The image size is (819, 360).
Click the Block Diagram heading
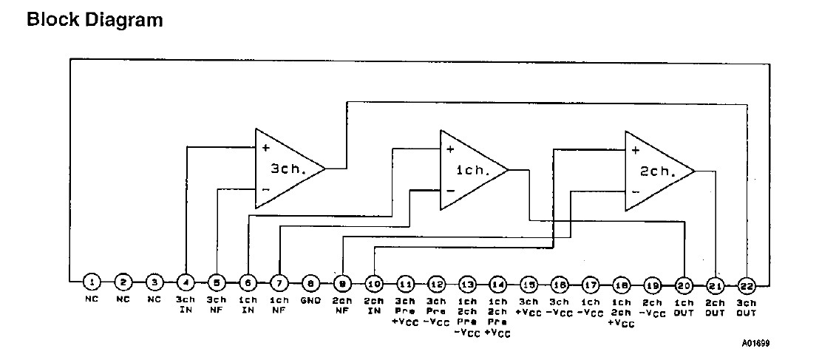(x=95, y=20)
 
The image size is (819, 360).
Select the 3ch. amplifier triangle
(x=285, y=169)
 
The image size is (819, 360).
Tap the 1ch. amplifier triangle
(x=470, y=170)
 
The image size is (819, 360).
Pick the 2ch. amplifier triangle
(x=655, y=171)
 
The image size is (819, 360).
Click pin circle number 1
(x=91, y=282)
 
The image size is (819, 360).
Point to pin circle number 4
(x=186, y=282)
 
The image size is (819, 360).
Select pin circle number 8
(x=311, y=282)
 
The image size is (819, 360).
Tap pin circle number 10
(x=374, y=282)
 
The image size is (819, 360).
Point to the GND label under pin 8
(x=311, y=300)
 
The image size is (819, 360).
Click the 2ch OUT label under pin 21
(x=716, y=308)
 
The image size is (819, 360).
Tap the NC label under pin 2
(x=124, y=300)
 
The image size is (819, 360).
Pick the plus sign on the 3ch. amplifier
(x=265, y=148)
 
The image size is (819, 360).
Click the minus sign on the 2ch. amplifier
(x=635, y=191)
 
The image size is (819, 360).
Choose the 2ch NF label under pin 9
(x=342, y=305)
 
